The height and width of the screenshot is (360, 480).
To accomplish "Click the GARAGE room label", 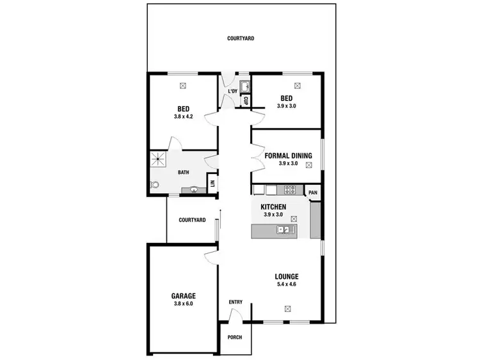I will point(183,296).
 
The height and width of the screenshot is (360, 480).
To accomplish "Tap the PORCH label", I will point(235,337).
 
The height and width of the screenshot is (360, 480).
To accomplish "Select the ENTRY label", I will point(236,302).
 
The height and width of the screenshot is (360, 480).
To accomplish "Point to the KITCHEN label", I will point(273,207).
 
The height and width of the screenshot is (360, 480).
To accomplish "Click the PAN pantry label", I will point(313,192).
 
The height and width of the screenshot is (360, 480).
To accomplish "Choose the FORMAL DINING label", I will point(289,155).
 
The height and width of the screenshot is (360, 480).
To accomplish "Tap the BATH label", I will point(184,172).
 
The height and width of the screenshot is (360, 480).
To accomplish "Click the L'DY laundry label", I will point(233,91).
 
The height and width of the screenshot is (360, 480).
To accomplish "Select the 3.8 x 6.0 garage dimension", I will point(183,304).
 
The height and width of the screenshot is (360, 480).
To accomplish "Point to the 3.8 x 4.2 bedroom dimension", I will point(183,116).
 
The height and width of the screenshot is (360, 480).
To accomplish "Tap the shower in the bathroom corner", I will point(159,159).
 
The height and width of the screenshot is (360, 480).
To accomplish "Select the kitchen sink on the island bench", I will point(282,230).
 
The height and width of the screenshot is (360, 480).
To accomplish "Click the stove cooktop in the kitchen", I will point(289,189).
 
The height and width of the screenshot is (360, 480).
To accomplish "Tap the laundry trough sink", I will point(243,86).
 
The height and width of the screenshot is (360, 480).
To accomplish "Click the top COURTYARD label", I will point(241,38).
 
